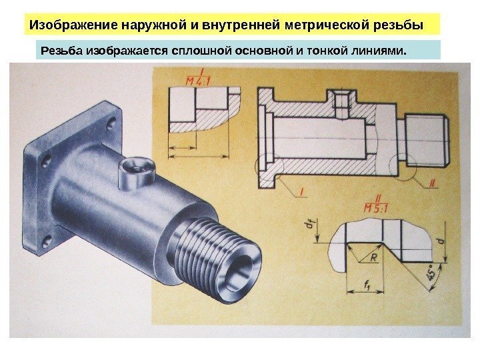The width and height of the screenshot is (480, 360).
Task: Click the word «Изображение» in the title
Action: [73, 25]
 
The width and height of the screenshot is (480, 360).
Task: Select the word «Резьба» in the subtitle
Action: [61, 50]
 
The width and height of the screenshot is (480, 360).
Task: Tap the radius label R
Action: [373, 257]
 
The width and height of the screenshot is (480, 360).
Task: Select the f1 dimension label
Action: [367, 285]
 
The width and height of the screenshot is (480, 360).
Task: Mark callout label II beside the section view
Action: [432, 183]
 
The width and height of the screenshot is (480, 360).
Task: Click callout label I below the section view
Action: [301, 192]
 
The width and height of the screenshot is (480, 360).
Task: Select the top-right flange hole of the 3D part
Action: [111, 124]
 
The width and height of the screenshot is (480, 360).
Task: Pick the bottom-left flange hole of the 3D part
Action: [47, 243]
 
